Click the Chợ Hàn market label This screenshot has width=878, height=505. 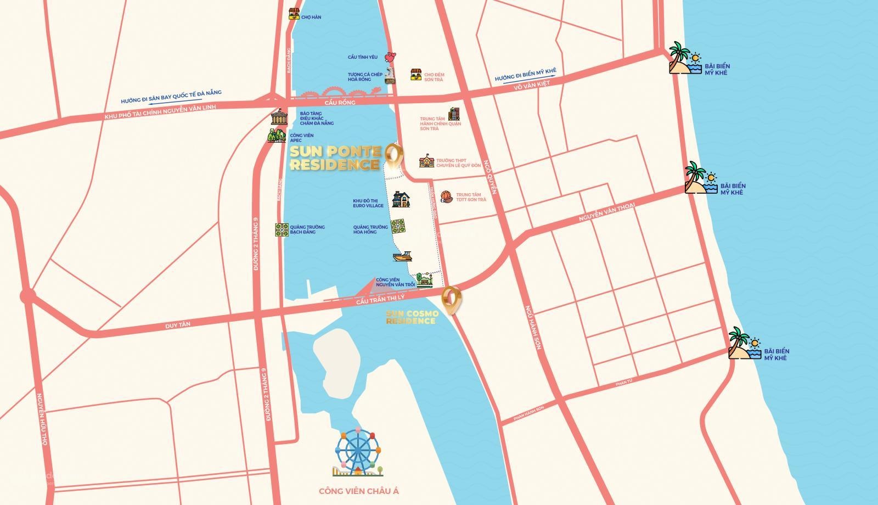pos(311,17)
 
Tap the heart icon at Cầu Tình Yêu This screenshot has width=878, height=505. pos(390,57)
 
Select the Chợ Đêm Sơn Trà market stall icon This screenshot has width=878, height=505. pos(417,75)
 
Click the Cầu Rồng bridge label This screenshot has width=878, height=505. pos(340,103)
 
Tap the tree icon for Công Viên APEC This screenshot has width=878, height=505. pos(277,135)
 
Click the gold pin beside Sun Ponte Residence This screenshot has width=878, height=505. pos(393,155)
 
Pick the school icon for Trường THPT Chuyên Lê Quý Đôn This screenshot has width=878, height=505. pos(426,161)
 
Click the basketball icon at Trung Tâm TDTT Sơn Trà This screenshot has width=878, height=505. pos(447,197)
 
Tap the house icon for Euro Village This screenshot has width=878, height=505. pos(401,200)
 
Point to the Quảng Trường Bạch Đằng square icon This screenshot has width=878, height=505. pos(282,229)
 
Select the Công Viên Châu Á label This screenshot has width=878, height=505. pos(358,491)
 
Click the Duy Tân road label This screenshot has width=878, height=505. pos(178,325)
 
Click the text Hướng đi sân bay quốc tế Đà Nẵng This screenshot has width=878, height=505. pos(171,97)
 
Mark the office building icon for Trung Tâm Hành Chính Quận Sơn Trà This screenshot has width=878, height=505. pos(454,114)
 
